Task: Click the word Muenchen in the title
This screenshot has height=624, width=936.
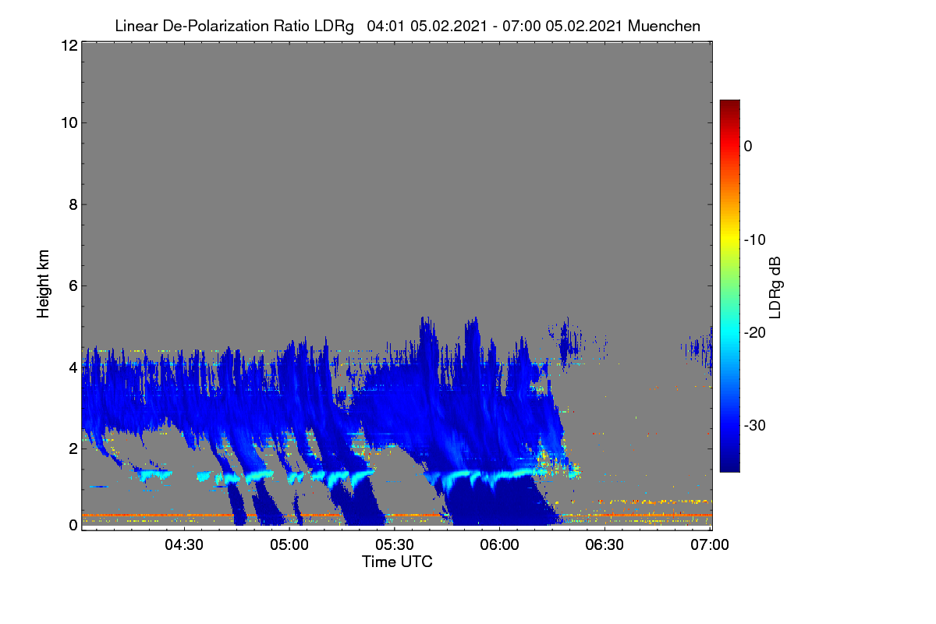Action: tap(664, 26)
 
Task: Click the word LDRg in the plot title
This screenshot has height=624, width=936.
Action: tap(334, 27)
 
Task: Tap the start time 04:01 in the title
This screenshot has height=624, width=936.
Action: tap(385, 26)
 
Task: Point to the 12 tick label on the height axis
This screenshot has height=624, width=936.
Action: tap(69, 45)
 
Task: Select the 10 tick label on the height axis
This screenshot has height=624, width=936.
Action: tap(69, 123)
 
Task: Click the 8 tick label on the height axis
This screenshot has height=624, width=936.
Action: tap(73, 204)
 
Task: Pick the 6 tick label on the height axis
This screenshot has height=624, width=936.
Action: tap(73, 286)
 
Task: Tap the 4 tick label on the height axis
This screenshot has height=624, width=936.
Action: tap(73, 368)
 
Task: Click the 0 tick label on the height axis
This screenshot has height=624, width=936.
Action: tap(73, 525)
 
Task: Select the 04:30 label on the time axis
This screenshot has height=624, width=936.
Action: tap(184, 544)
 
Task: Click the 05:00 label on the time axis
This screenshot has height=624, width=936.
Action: tap(289, 544)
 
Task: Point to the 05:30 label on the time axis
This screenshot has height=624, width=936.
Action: tap(395, 544)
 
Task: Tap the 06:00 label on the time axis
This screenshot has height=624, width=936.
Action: tap(499, 544)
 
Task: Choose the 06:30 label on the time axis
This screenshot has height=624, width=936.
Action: tap(604, 544)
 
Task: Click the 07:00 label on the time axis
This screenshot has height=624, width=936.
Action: tap(710, 544)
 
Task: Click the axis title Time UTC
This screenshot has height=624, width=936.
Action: tap(397, 562)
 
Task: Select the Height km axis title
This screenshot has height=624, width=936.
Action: tap(43, 284)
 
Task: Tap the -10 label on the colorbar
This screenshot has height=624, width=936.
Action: tap(755, 240)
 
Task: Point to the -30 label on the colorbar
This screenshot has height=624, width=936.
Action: tap(755, 425)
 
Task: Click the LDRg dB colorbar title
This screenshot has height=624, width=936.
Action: tap(775, 288)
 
